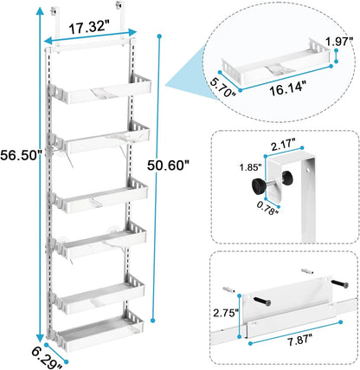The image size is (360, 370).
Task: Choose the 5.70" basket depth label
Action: pyautogui.click(x=221, y=85)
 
